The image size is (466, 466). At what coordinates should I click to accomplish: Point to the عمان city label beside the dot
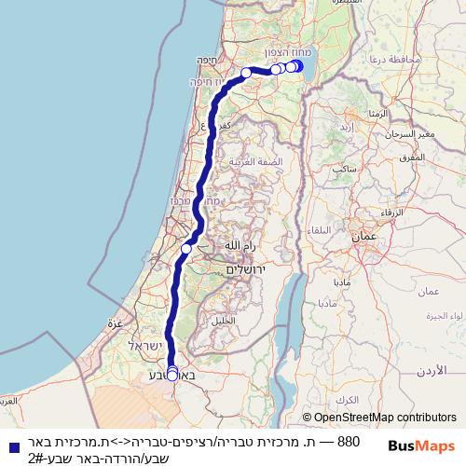pyautogui.click(x=362, y=239)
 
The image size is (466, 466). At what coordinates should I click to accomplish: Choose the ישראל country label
pyautogui.click(x=147, y=346)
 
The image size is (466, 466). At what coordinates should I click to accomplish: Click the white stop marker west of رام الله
pyautogui.click(x=186, y=249)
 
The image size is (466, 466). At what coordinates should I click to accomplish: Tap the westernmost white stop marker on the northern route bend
pyautogui.click(x=246, y=73)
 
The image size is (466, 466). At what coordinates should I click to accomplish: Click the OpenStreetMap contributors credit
pyautogui.click(x=378, y=418)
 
